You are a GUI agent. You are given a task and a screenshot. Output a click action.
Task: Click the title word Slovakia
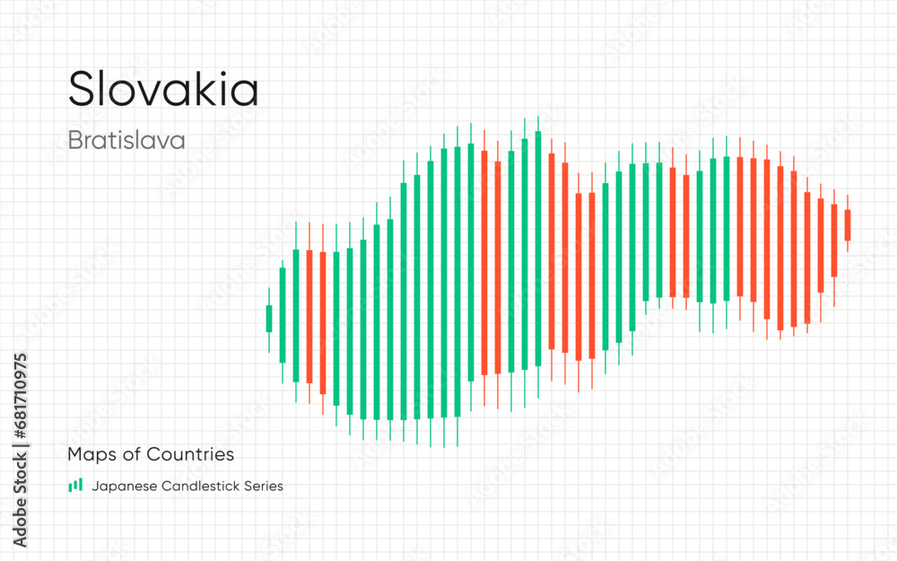[163, 89]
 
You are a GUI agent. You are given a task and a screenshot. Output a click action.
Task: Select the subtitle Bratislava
[126, 140]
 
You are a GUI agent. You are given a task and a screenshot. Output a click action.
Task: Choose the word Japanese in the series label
[122, 486]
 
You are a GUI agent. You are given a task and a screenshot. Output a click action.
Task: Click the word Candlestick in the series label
[198, 486]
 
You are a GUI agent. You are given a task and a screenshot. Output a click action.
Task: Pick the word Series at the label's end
[262, 486]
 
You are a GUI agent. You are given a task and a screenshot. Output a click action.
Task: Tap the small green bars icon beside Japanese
[74, 486]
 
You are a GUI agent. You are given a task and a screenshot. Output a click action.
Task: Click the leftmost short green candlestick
[268, 319]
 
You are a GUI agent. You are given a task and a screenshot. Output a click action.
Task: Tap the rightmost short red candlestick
[848, 224]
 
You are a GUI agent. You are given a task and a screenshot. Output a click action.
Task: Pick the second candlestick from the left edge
[282, 314]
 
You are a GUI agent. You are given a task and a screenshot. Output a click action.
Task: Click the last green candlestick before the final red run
[727, 229]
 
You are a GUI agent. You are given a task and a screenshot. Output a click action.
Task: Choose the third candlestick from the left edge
[295, 315]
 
